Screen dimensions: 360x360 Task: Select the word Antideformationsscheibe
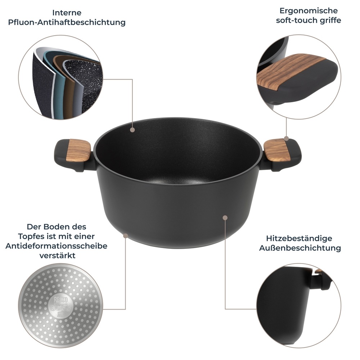[x=56, y=246]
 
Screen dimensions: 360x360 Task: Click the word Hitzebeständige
[x=299, y=238]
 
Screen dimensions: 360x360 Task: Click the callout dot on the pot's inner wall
[x=132, y=129]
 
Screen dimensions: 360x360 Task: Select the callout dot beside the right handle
[x=286, y=138]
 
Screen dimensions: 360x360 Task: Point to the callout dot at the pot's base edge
[x=125, y=235]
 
